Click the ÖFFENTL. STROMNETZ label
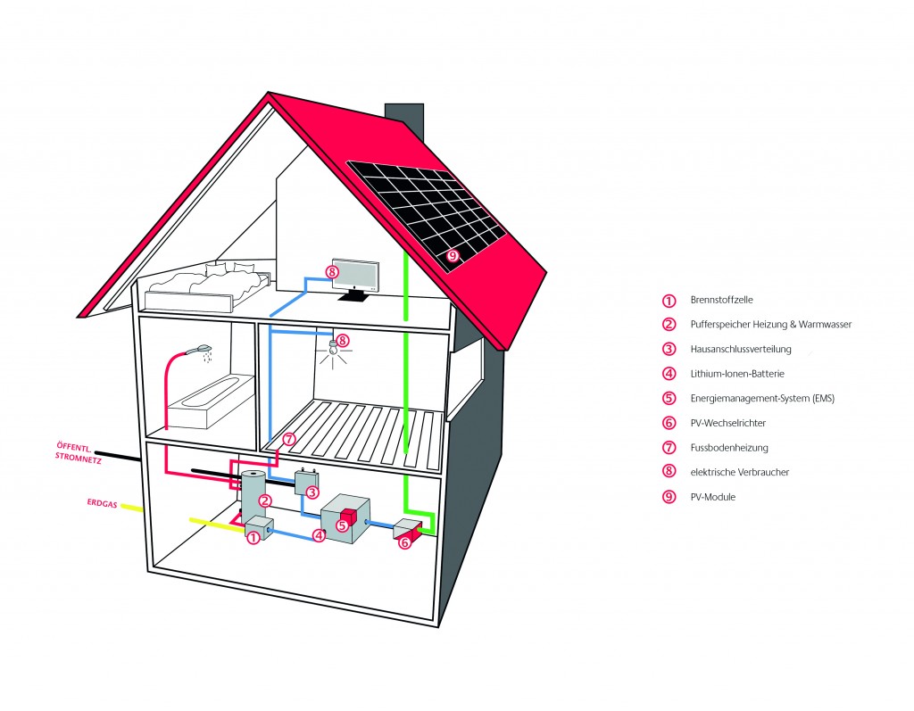pos(79,453)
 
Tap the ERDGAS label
pos(102,502)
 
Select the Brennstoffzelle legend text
pos(721,300)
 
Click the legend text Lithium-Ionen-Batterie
pos(737,374)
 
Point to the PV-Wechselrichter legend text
pos(728,423)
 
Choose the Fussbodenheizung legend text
pos(729,448)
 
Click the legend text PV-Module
pos(713,497)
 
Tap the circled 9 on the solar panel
pos(453,254)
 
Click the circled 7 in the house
pos(289,439)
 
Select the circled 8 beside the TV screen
pos(331,271)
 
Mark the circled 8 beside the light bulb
pos(343,339)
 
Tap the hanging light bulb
pos(332,348)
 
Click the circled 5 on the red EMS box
pos(342,525)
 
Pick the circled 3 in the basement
pos(312,492)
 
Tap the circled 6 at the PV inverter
pos(404,542)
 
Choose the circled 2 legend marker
pos(669,325)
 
